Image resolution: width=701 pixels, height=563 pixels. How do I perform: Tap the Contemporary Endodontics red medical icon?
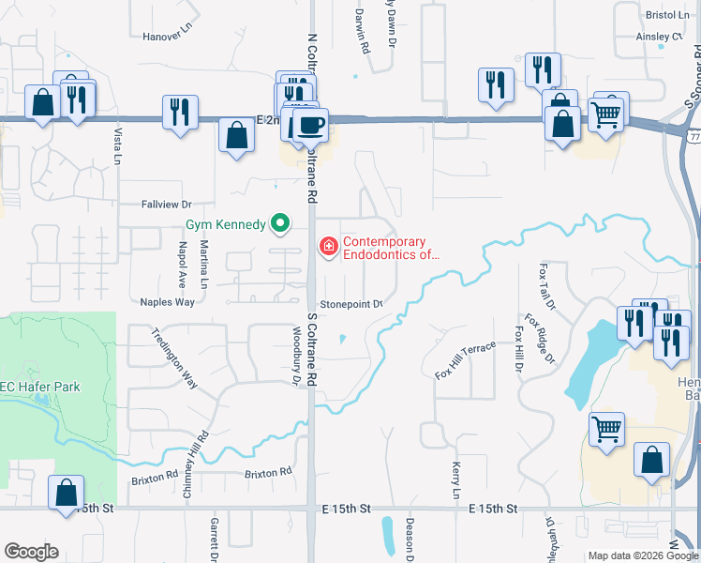pyautogui.click(x=328, y=248)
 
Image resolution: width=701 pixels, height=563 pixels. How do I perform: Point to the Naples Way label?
pyautogui.click(x=167, y=302)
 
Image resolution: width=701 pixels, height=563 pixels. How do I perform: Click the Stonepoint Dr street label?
pyautogui.click(x=351, y=304)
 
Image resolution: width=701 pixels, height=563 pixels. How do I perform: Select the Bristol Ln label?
pyautogui.click(x=667, y=15)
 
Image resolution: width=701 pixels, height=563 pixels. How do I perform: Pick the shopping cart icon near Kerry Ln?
pyautogui.click(x=606, y=430)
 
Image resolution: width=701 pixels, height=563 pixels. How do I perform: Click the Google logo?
pyautogui.click(x=31, y=552)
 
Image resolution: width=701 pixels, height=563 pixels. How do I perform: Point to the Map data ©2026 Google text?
pyautogui.click(x=643, y=555)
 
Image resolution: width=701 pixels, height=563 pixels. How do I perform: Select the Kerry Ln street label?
pyautogui.click(x=457, y=479)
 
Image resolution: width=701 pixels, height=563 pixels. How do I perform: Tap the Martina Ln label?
pyautogui.click(x=204, y=264)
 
